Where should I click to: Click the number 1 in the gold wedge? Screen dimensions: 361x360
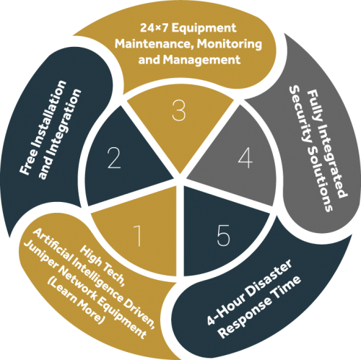[x=138, y=236]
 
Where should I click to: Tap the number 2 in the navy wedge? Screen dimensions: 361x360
[x=114, y=157]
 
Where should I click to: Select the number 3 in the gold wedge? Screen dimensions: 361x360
[x=179, y=110]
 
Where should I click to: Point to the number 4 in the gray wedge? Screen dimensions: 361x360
[x=245, y=158]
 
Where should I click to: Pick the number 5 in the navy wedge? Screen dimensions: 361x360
[x=223, y=235]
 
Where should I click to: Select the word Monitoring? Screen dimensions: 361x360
[x=230, y=44]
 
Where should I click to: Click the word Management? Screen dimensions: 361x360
[x=201, y=59]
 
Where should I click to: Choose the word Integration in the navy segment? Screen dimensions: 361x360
[x=60, y=134]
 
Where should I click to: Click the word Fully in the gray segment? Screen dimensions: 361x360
[x=313, y=105]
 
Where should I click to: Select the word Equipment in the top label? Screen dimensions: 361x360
[x=204, y=29]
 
